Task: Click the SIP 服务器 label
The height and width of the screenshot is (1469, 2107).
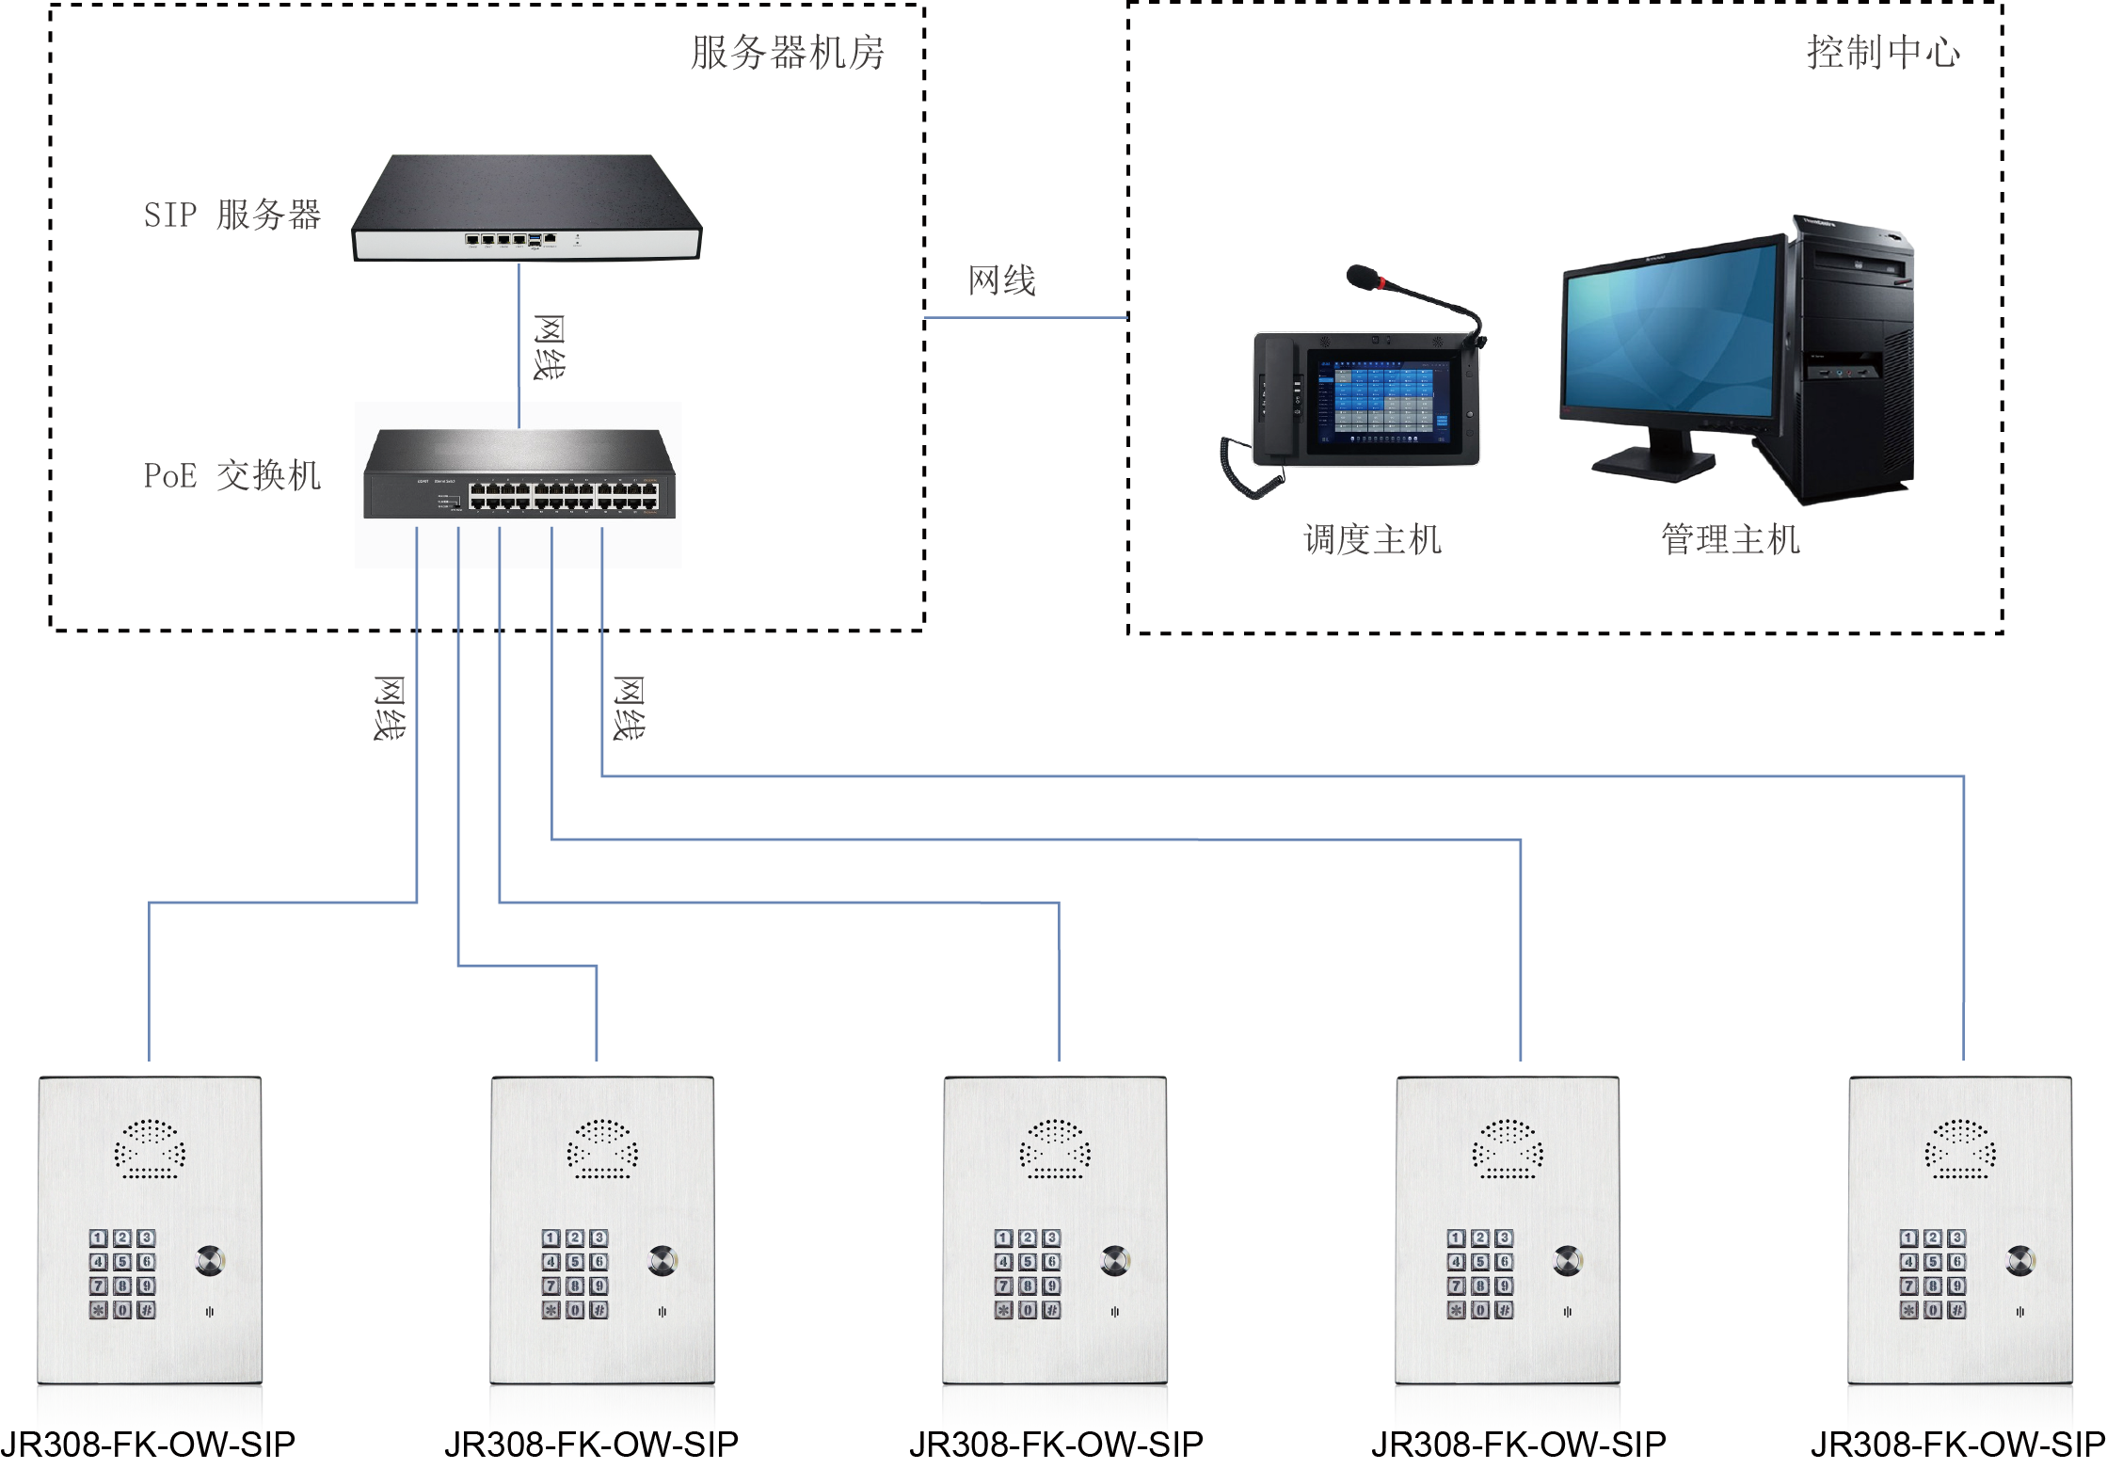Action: coord(231,216)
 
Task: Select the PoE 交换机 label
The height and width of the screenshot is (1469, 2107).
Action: coord(231,476)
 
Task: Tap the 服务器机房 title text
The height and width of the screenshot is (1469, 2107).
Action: coord(787,53)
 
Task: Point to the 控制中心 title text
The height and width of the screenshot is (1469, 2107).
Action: coord(1883,53)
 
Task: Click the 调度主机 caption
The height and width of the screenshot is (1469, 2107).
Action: coord(1372,540)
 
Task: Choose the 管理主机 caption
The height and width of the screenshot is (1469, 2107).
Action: coord(1730,540)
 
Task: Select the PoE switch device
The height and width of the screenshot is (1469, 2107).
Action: coord(519,474)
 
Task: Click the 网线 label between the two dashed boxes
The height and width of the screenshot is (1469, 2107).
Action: coord(1001,280)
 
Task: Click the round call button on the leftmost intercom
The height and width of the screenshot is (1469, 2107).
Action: coord(209,1260)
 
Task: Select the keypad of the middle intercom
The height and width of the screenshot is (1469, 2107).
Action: coord(1028,1273)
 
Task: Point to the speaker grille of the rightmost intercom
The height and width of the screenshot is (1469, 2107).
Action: coord(1960,1149)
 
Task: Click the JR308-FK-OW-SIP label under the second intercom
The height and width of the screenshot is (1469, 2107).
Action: coord(591,1444)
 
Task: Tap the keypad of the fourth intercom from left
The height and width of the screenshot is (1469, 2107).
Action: coord(1480,1273)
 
